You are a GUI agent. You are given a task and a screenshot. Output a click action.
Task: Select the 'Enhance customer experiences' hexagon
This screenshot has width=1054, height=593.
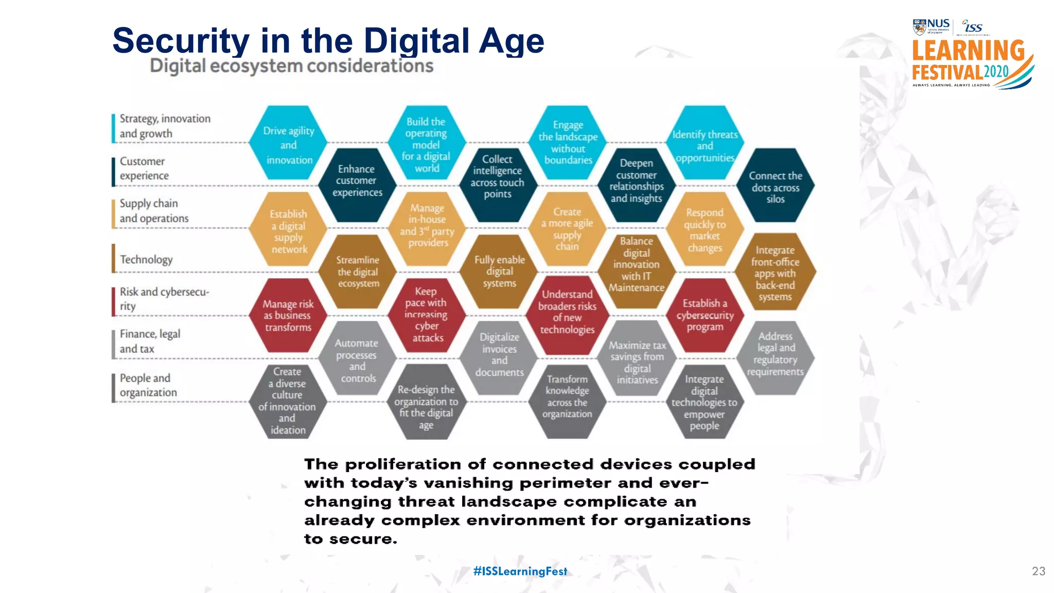[x=357, y=181]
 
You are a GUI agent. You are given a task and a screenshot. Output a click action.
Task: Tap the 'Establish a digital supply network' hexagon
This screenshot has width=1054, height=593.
[x=288, y=231]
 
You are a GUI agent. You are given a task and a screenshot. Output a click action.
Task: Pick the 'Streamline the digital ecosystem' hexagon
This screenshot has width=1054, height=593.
[x=358, y=272]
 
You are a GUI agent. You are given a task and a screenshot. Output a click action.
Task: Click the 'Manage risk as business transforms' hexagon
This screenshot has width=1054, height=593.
[x=288, y=315]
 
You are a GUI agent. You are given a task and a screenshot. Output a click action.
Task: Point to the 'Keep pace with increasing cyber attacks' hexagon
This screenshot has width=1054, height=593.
[x=426, y=314]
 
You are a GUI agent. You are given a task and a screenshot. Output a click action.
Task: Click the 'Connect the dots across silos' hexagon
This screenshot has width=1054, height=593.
[x=775, y=186]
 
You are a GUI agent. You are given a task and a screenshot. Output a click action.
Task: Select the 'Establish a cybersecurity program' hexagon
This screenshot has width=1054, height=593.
[x=705, y=315]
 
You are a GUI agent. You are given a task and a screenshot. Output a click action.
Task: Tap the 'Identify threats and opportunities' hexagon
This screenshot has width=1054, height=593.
[x=705, y=145]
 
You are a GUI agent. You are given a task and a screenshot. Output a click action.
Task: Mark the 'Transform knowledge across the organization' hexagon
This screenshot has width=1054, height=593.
[x=567, y=396]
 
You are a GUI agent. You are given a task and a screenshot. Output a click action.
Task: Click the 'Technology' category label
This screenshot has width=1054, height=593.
[x=146, y=259]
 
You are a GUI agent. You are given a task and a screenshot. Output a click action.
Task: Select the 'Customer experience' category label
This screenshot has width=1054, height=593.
[x=144, y=168]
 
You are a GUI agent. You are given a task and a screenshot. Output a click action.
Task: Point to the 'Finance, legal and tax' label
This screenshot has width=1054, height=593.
[x=150, y=341]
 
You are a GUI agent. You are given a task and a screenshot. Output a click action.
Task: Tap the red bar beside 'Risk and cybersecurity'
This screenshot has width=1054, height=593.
[x=113, y=301]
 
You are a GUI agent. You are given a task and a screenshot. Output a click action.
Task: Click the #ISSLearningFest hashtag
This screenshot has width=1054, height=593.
[x=520, y=571]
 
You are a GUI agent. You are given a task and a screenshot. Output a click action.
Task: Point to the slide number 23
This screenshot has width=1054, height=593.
[x=1038, y=571]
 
